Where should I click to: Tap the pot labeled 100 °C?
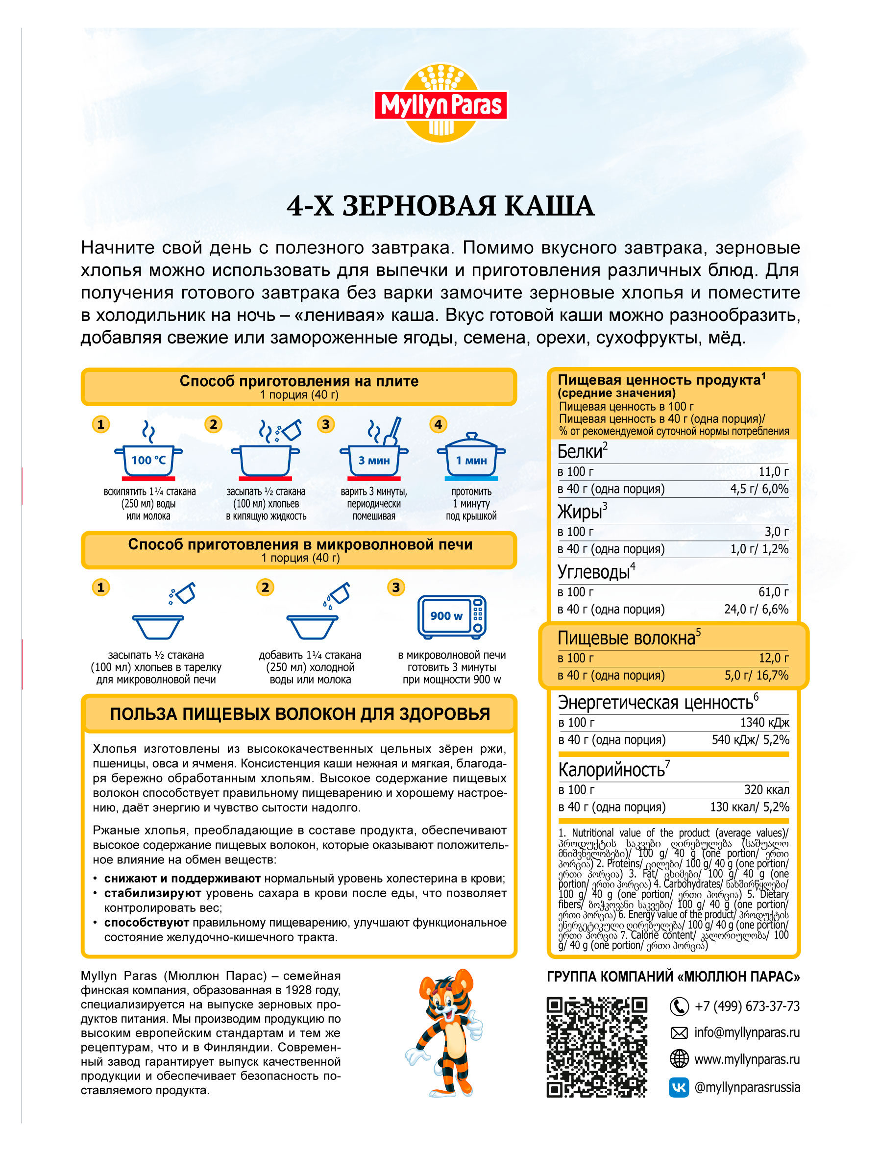tap(148, 460)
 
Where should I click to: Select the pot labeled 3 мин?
tap(373, 460)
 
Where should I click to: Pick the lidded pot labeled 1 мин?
tap(471, 456)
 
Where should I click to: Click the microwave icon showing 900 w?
tap(452, 616)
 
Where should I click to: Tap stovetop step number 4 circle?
tap(438, 424)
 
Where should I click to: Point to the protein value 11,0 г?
tap(773, 471)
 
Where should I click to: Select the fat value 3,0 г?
tap(776, 532)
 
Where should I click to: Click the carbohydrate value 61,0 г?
tap(773, 592)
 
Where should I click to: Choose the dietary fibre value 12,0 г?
tap(773, 658)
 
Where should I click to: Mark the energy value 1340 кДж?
tap(764, 722)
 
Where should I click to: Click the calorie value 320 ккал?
tap(766, 789)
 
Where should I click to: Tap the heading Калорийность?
tap(611, 770)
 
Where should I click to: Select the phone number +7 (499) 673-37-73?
tap(747, 1006)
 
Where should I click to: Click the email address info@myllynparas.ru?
tap(747, 1032)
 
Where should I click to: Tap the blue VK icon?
tap(679, 1087)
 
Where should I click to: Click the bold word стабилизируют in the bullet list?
tap(152, 893)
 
